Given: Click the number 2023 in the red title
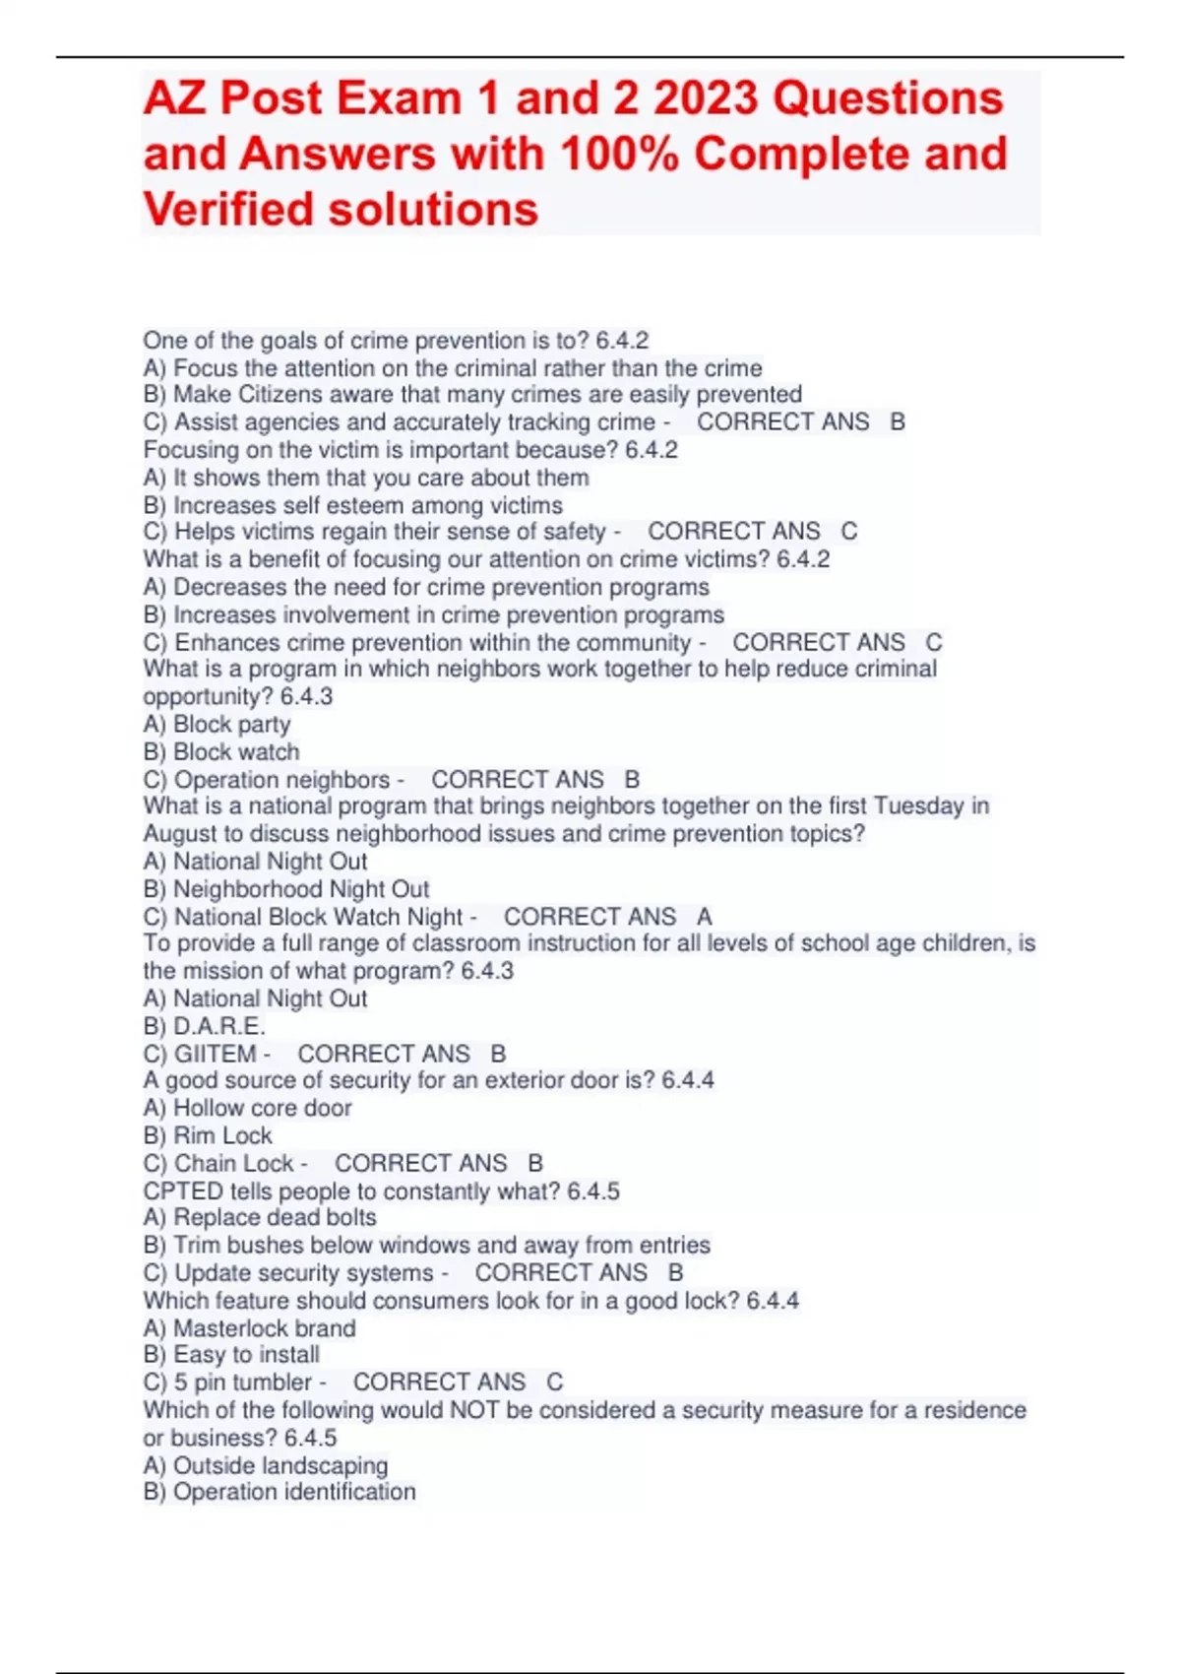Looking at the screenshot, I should tap(706, 98).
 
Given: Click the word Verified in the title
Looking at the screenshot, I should tap(228, 210).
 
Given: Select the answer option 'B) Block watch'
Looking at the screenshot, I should tap(221, 752).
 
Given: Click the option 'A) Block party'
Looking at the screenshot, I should tap(217, 725).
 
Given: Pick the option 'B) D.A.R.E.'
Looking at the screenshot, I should tap(205, 1026).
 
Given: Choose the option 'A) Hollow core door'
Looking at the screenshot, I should tap(247, 1109).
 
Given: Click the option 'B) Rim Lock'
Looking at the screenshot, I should tap(208, 1136).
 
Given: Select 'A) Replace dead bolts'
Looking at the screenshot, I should tap(260, 1218).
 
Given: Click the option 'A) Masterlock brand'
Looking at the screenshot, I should tap(249, 1328).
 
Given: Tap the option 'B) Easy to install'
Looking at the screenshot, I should tap(231, 1355).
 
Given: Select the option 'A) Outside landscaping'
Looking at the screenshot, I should tap(266, 1466).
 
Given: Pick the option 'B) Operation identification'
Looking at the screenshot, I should tap(280, 1493).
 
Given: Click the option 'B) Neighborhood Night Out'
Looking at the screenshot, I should tap(286, 889).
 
